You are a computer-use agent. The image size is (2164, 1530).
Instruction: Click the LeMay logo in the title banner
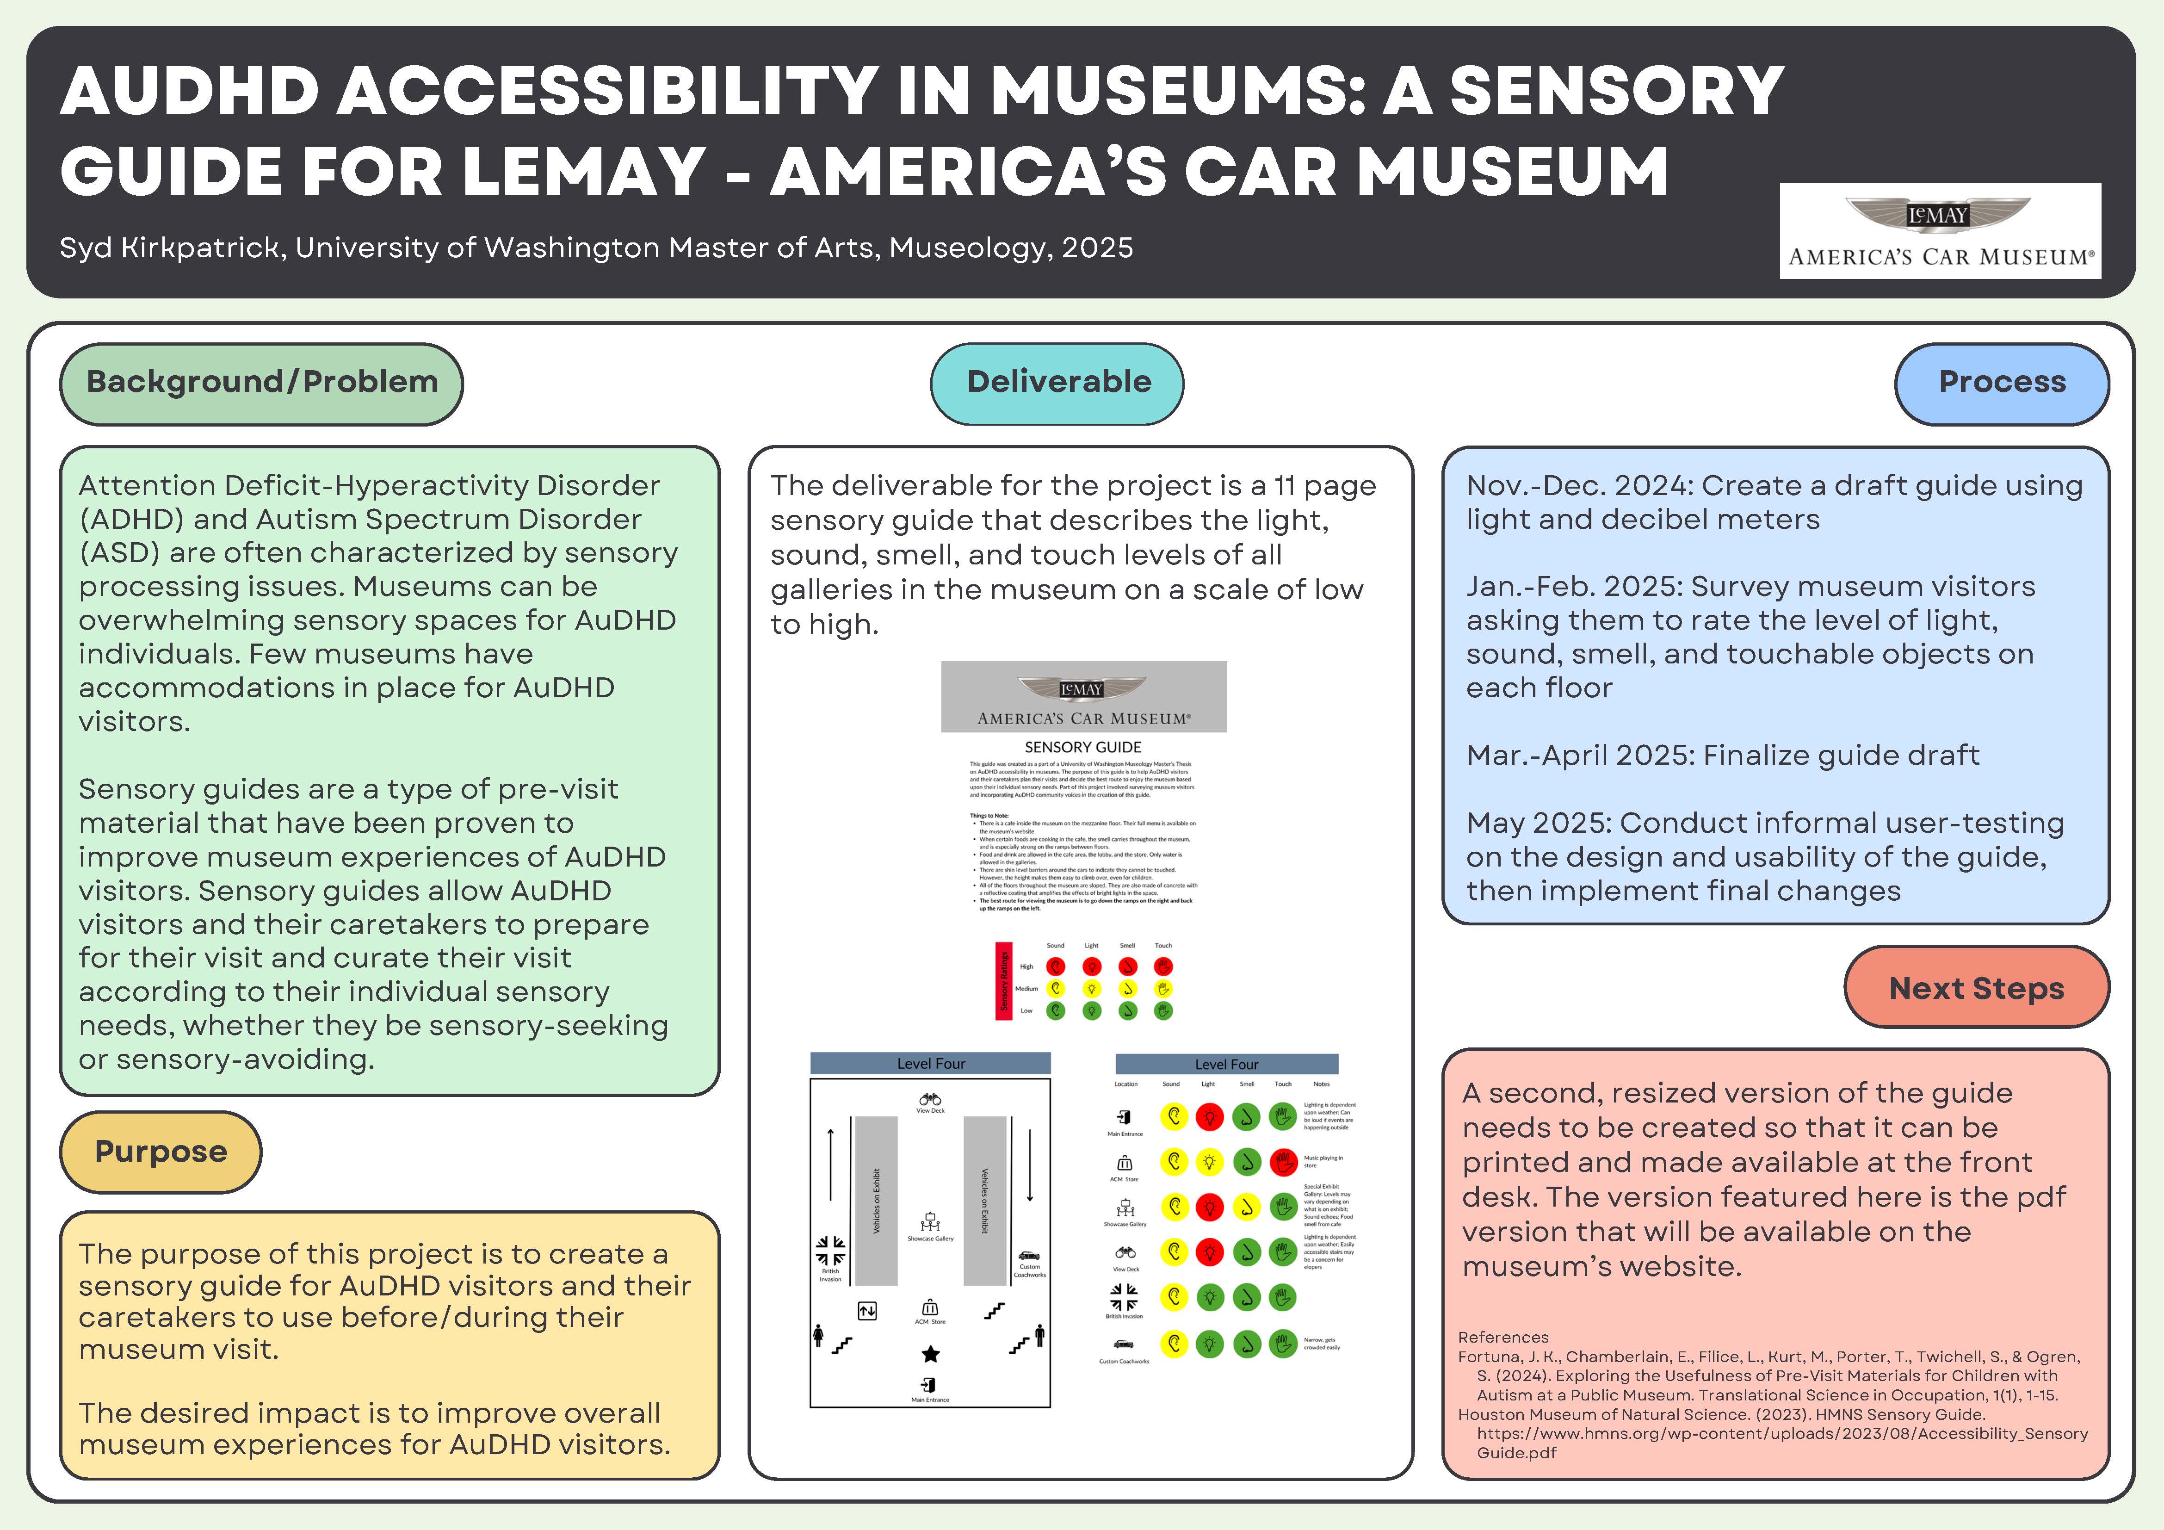1940,231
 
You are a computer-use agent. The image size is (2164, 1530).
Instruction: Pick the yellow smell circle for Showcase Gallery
1246,1207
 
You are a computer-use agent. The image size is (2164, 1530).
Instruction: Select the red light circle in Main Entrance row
1209,1117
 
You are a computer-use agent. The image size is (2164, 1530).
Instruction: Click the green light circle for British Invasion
1209,1297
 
